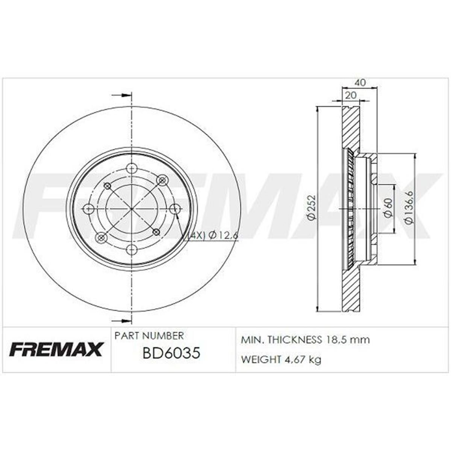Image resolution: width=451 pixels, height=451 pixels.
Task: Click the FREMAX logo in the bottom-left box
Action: click(x=55, y=349)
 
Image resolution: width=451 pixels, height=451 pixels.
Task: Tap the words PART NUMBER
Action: click(x=149, y=335)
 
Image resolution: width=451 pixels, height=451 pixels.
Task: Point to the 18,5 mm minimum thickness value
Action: click(x=346, y=340)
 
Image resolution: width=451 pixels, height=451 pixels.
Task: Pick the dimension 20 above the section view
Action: click(x=350, y=95)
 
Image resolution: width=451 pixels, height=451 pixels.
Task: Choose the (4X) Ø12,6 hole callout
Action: click(x=213, y=235)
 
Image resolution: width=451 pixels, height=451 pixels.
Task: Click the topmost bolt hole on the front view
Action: click(x=131, y=168)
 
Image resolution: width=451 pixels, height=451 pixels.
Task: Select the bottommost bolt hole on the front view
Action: click(x=131, y=249)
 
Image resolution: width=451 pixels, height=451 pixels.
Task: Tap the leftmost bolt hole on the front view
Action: click(x=88, y=209)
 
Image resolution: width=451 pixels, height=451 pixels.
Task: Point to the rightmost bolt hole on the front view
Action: click(x=175, y=209)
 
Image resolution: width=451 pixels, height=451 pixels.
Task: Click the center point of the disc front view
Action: click(x=131, y=209)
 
